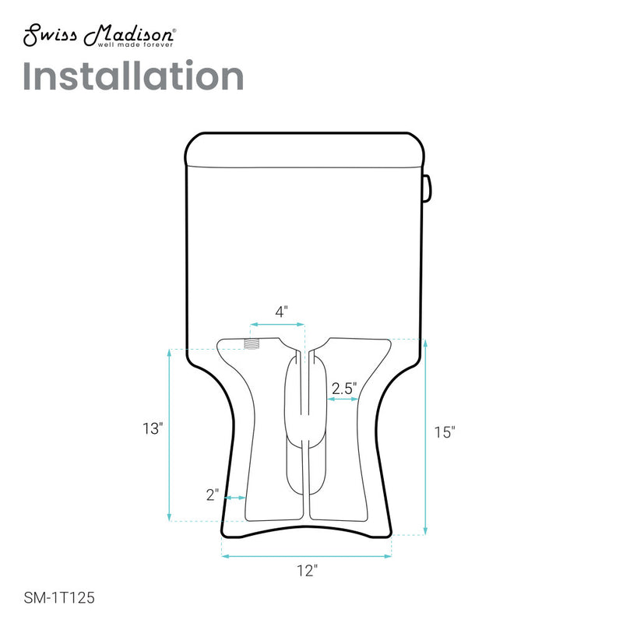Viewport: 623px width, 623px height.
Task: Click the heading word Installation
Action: pyautogui.click(x=133, y=76)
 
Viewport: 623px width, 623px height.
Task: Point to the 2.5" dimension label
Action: pyautogui.click(x=343, y=387)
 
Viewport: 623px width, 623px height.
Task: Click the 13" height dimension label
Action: pyautogui.click(x=152, y=429)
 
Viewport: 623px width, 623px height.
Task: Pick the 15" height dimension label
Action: pyautogui.click(x=444, y=433)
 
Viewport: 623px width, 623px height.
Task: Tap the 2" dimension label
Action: pyautogui.click(x=213, y=494)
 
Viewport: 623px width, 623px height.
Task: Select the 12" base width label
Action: pyautogui.click(x=308, y=571)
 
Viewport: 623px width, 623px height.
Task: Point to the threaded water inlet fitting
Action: pyautogui.click(x=252, y=343)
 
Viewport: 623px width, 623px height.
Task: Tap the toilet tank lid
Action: pyautogui.click(x=305, y=150)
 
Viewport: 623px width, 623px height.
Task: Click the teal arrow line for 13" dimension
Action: pyautogui.click(x=169, y=436)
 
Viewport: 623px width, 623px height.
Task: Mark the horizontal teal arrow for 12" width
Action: pyautogui.click(x=307, y=556)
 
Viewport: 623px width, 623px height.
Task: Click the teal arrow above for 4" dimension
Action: pyautogui.click(x=276, y=324)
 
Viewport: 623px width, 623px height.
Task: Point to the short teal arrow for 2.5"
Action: pyautogui.click(x=342, y=399)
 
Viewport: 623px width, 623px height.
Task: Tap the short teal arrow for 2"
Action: pyautogui.click(x=236, y=498)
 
